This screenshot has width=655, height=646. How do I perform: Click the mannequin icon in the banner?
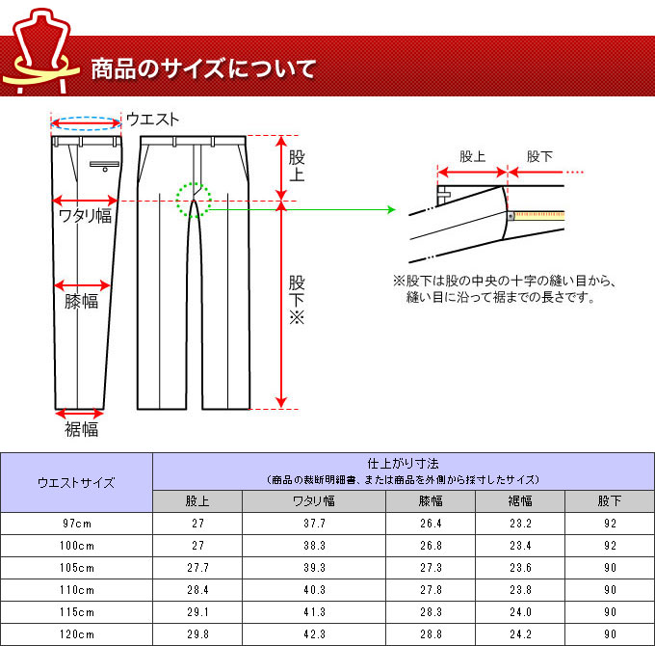pos(40,50)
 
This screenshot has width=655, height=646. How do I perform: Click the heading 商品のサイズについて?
pos(203,69)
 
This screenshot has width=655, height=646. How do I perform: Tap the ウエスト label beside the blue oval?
pos(152,120)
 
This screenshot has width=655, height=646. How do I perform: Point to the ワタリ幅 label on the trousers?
pos(85,216)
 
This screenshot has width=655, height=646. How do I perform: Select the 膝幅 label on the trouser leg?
pos(82,301)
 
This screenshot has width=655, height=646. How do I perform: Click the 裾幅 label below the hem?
pos(82,429)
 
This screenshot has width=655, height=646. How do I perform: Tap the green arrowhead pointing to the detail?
pos(391,209)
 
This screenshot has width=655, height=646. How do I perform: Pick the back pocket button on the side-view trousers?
pos(105,170)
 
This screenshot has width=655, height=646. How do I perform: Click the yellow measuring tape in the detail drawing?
pos(539,216)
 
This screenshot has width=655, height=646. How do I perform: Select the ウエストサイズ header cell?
pos(76,483)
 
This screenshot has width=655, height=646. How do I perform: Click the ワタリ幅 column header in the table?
pos(314,501)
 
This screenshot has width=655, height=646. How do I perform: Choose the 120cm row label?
pos(77,634)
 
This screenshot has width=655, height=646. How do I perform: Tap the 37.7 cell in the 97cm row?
pos(314,524)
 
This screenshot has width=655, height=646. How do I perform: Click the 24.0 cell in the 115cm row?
pos(520,612)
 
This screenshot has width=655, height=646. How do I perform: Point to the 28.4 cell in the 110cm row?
pos(197,590)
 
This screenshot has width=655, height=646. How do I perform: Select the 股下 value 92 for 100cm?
pos(610,546)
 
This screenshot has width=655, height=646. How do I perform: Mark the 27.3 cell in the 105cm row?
pos(431,568)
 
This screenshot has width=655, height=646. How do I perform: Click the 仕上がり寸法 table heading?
pos(403,463)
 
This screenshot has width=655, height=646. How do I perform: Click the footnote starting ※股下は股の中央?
pos(504,288)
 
